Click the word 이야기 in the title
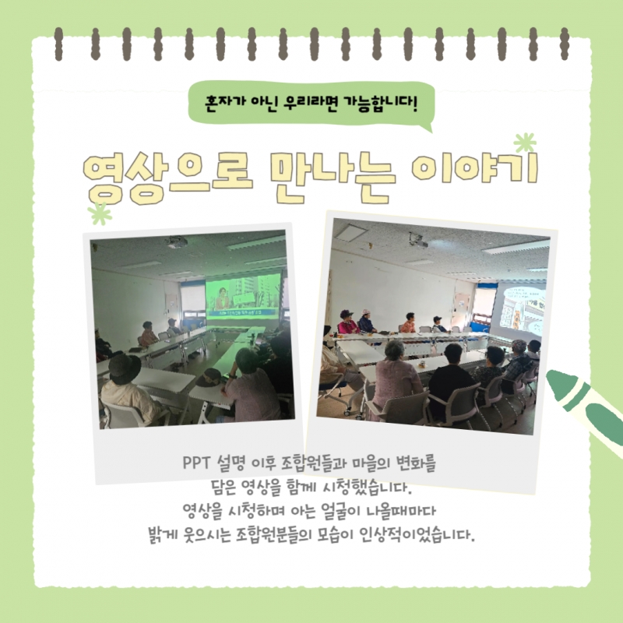click(x=475, y=169)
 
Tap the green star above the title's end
click(x=525, y=143)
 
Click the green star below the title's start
click(x=100, y=213)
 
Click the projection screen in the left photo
click(x=243, y=297)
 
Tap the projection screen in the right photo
click(x=520, y=308)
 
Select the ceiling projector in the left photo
click(x=177, y=241)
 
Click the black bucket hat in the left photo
click(x=125, y=368)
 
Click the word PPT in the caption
click(x=196, y=463)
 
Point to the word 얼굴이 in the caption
click(x=337, y=511)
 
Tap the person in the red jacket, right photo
click(x=347, y=322)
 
